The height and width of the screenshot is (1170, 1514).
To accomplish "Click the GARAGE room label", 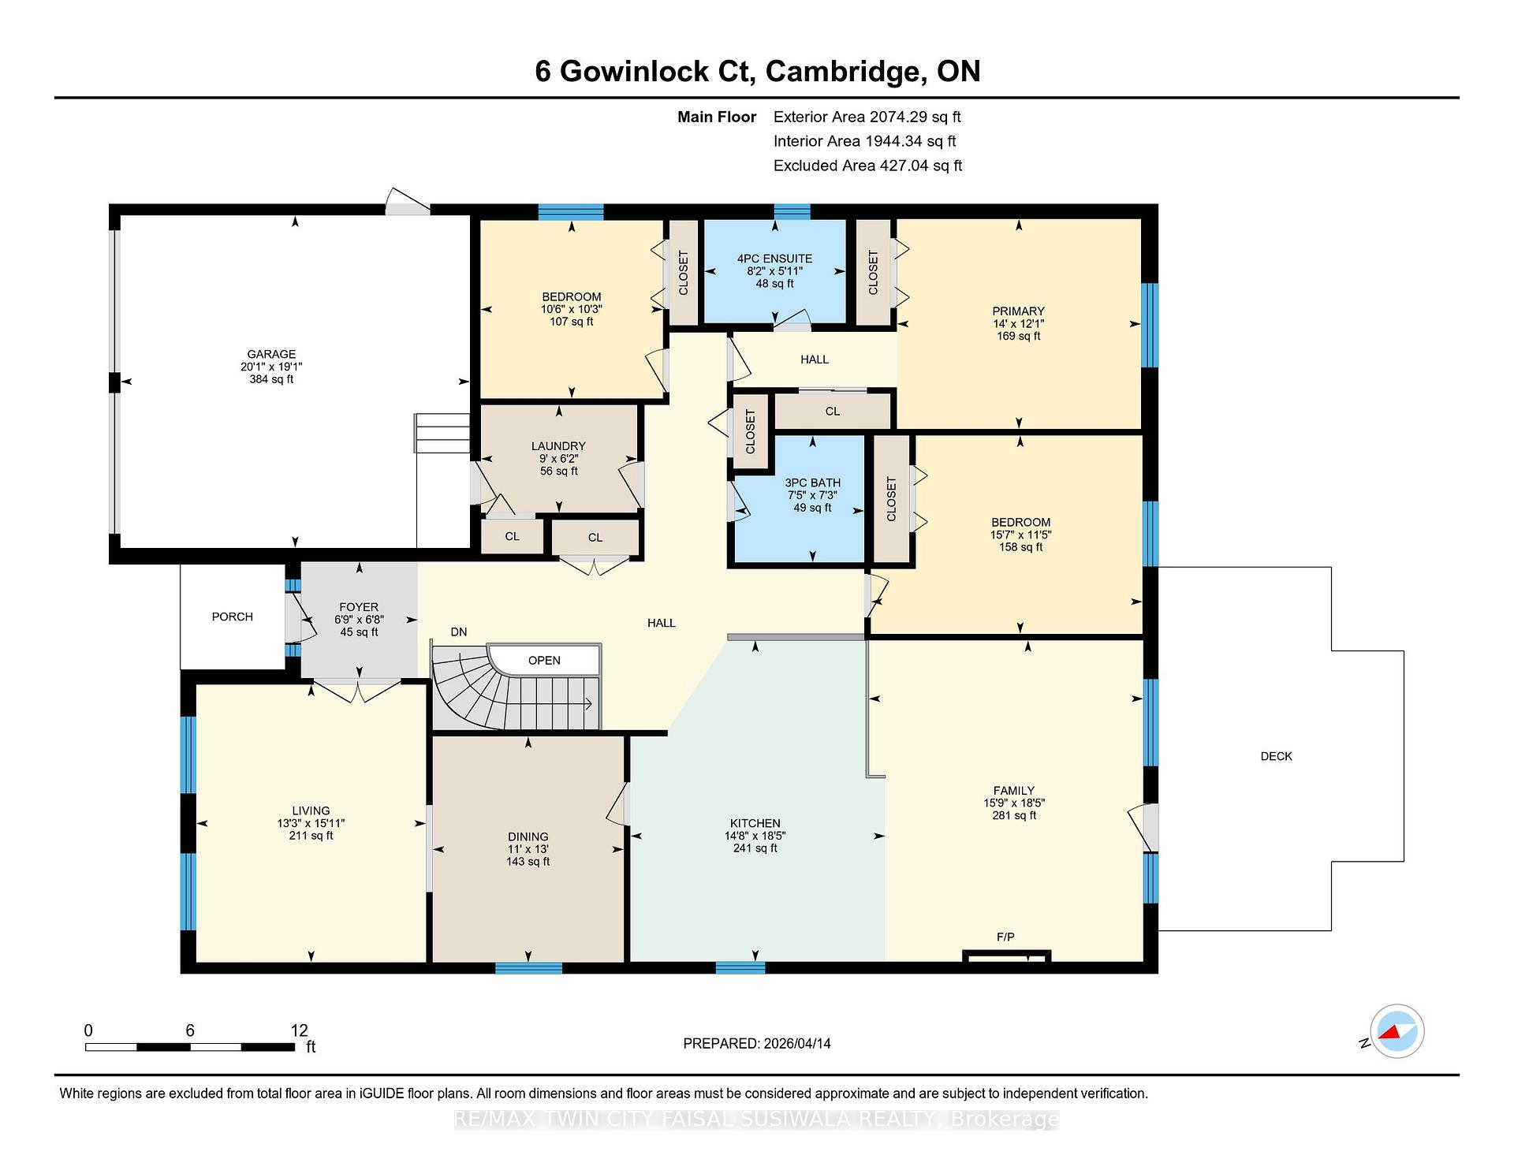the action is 271,355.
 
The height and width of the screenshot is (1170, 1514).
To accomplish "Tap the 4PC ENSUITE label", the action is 774,259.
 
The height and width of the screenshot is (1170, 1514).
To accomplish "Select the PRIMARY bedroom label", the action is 1018,311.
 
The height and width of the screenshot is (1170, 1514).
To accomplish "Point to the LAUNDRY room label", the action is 558,446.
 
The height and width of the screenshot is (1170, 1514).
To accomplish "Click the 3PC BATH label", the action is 812,483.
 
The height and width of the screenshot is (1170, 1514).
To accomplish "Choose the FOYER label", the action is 359,607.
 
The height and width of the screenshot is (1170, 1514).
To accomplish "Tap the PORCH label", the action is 233,617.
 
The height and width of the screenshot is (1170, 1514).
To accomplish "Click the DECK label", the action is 1276,756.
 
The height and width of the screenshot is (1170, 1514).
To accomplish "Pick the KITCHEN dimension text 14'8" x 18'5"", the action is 755,836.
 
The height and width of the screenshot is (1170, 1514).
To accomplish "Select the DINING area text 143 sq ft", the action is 528,862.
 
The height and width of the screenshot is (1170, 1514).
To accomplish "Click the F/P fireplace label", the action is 1005,937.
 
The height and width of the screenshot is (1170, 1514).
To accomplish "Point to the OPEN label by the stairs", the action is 544,661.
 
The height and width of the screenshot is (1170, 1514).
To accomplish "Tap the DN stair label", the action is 459,632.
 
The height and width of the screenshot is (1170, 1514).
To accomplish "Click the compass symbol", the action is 1397,1031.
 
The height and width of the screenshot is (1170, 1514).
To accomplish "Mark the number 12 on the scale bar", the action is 299,1030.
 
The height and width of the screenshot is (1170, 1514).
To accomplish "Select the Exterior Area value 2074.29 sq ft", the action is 915,117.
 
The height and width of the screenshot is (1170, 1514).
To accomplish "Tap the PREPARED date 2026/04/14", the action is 796,1043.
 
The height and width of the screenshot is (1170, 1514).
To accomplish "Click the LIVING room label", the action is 311,810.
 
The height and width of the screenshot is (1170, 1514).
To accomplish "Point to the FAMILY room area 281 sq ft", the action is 1014,815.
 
